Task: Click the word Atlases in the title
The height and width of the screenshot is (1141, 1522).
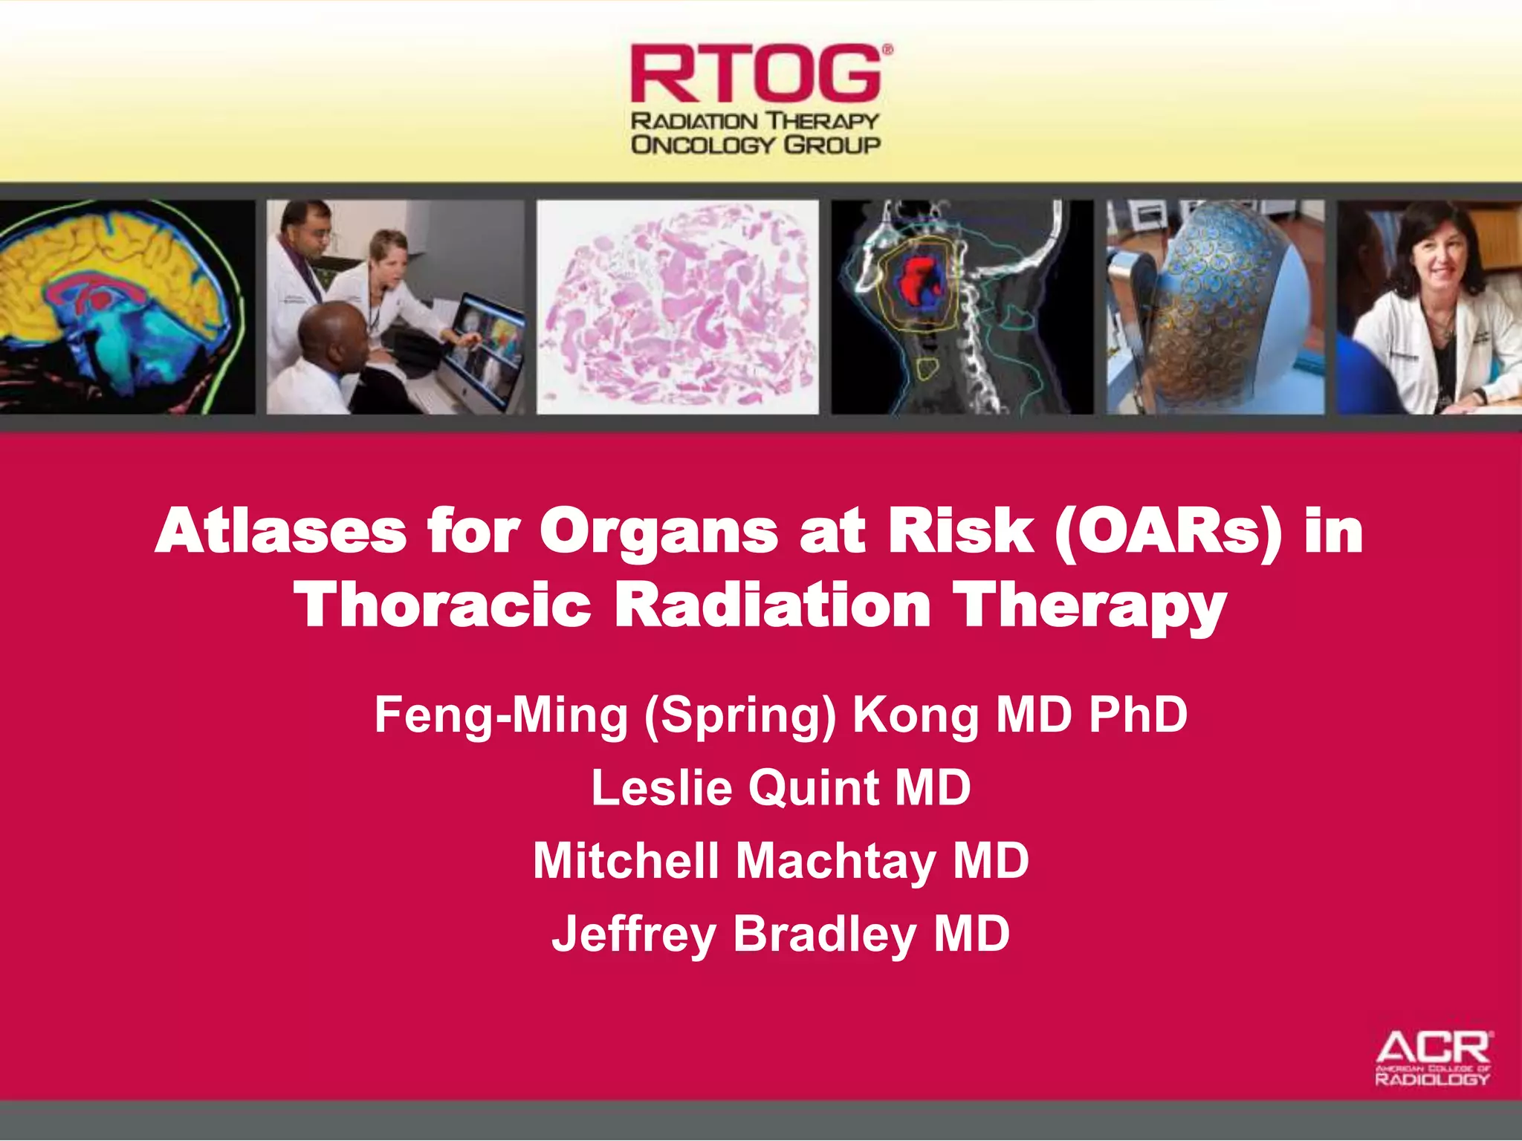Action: pos(281,532)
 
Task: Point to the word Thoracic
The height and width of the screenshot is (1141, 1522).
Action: pos(442,605)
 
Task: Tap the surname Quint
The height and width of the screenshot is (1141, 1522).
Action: pos(813,787)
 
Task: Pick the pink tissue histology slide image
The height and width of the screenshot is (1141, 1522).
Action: pos(676,306)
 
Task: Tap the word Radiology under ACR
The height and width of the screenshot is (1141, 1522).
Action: pos(1432,1079)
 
